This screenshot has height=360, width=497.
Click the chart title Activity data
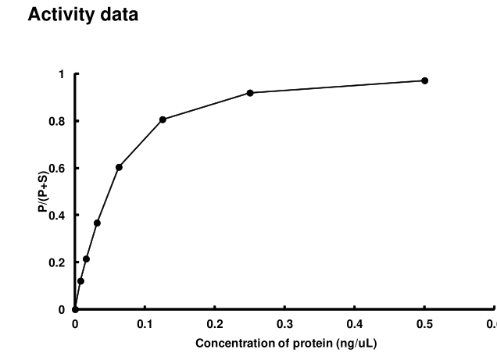tap(83, 16)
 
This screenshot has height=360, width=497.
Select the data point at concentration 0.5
tap(424, 80)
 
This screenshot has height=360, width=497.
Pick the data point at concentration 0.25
tap(250, 93)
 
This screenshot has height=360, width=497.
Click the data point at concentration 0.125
tap(163, 119)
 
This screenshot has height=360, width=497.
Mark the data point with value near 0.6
tap(119, 167)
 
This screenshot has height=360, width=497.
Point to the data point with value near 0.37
tap(97, 223)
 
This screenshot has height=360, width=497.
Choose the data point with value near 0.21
tap(86, 259)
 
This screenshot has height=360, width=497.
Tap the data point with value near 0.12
tap(80, 280)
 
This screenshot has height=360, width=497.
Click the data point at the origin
tap(75, 309)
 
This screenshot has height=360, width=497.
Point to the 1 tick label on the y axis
tap(61, 74)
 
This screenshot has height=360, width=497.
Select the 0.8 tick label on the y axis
tap(57, 121)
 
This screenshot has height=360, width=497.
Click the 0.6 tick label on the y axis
tap(57, 168)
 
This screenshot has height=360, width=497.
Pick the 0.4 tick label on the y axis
tap(57, 216)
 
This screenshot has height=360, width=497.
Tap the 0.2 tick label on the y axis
tap(57, 262)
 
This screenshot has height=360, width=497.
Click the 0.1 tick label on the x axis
tap(145, 323)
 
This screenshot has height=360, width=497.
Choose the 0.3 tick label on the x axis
tap(284, 323)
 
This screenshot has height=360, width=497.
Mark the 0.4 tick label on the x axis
tap(355, 323)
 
